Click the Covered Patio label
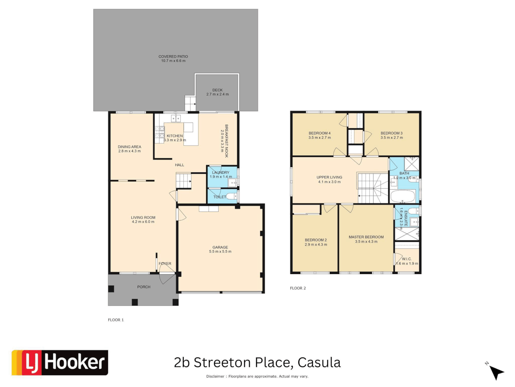click(x=173, y=57)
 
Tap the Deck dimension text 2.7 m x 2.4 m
click(x=217, y=95)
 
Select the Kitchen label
click(x=175, y=136)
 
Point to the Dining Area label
click(x=129, y=147)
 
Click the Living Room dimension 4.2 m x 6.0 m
click(x=143, y=222)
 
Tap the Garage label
click(x=220, y=247)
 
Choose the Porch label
click(x=144, y=287)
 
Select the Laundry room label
click(x=221, y=172)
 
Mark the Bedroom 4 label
click(x=320, y=133)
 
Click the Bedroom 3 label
click(x=392, y=133)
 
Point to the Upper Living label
click(x=329, y=177)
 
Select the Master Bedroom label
click(x=366, y=237)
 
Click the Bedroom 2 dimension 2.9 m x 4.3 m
click(x=316, y=245)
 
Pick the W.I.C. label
click(x=407, y=259)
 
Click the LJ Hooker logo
click(x=60, y=363)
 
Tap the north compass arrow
click(x=496, y=372)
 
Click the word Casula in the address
click(x=319, y=363)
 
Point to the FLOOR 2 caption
click(x=298, y=288)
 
